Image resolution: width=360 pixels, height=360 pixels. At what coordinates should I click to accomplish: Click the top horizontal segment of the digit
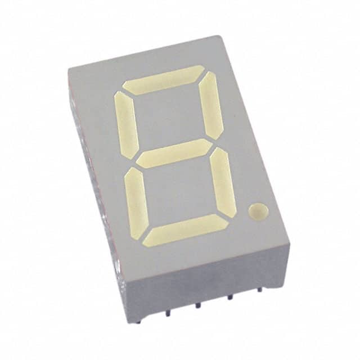[x=164, y=79]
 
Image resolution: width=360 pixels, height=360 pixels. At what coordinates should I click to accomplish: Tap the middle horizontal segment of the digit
[x=174, y=153]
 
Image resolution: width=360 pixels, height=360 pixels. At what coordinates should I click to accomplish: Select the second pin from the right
[x=229, y=299]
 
